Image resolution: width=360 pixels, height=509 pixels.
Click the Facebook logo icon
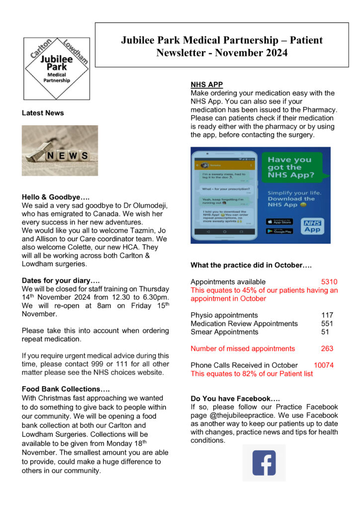click(x=264, y=463)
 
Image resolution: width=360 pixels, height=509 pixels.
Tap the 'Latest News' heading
click(x=43, y=113)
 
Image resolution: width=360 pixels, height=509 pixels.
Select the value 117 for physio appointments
click(x=327, y=315)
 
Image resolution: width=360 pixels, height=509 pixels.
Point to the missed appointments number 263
click(x=327, y=348)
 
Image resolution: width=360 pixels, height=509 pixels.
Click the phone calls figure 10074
click(x=324, y=365)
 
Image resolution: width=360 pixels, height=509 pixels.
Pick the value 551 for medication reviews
click(x=327, y=324)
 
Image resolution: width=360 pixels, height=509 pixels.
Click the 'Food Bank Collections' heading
click(x=66, y=389)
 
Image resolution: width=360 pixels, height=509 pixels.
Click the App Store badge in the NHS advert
click(x=279, y=222)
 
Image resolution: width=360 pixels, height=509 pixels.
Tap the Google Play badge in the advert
click(x=279, y=231)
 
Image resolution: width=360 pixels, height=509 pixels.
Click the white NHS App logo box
click(x=312, y=226)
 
